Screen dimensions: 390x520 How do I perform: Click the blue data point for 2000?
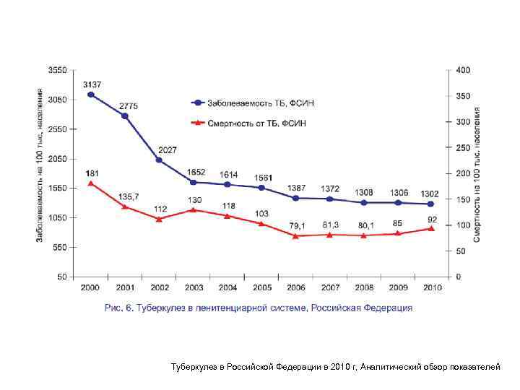click(x=90, y=95)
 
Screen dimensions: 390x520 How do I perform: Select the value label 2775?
click(x=129, y=106)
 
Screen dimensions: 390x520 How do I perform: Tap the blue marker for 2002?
click(x=160, y=160)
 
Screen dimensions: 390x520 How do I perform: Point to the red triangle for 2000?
click(x=90, y=183)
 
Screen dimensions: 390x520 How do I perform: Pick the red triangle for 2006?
click(x=295, y=235)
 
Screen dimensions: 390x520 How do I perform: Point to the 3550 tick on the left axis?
click(x=57, y=70)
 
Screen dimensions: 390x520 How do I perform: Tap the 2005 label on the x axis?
click(x=261, y=287)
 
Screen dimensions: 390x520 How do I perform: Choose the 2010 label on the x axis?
click(x=432, y=287)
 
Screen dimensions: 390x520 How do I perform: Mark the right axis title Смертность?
click(x=478, y=173)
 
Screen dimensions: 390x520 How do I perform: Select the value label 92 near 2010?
click(x=432, y=218)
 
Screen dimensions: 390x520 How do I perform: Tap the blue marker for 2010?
click(x=431, y=204)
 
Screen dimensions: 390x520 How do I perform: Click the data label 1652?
click(x=196, y=172)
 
